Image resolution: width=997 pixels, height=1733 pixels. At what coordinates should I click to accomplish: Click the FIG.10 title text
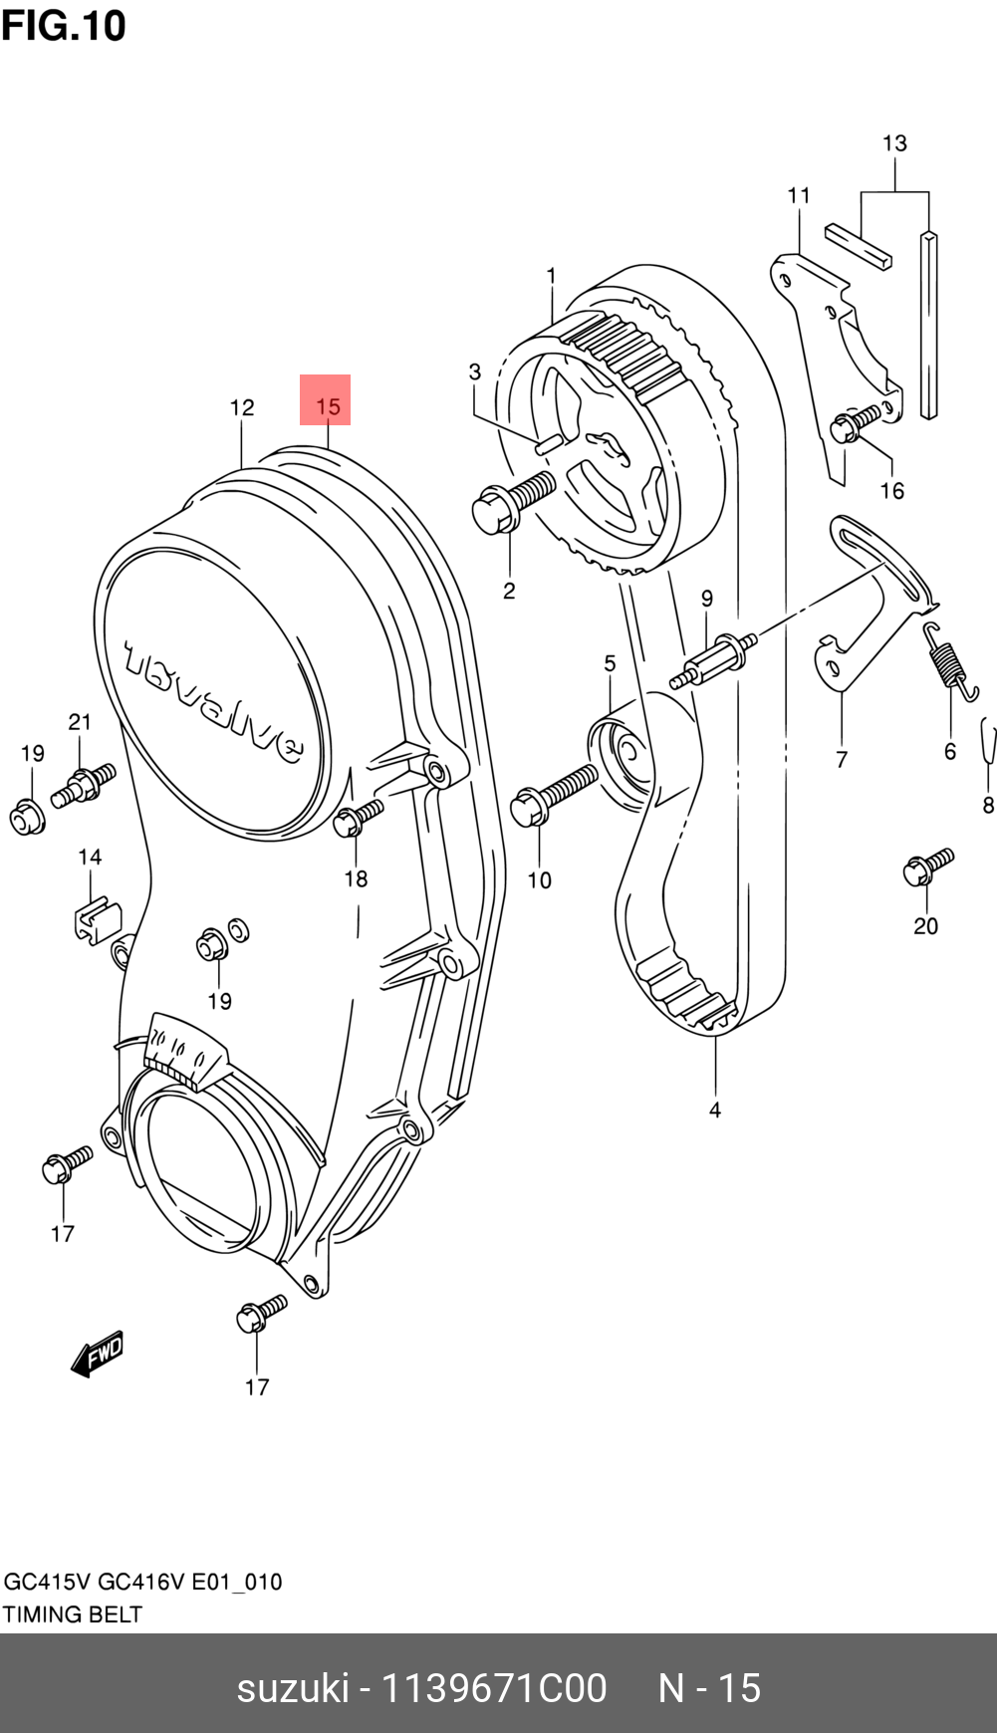[x=64, y=25]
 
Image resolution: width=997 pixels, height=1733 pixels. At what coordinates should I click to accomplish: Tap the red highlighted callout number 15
[x=327, y=405]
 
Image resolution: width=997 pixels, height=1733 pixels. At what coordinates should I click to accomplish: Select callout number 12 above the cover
[x=242, y=407]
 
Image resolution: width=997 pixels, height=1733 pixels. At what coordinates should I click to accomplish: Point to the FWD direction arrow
[x=98, y=1354]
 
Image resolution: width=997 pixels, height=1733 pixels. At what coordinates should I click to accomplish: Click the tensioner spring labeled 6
[x=949, y=661]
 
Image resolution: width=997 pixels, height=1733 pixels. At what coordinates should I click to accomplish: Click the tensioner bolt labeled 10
[x=552, y=793]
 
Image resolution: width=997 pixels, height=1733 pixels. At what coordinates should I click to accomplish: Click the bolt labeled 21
[x=85, y=782]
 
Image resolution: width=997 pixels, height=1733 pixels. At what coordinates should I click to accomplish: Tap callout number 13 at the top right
[x=894, y=143]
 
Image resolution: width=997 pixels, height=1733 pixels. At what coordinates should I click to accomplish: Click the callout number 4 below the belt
[x=715, y=1110]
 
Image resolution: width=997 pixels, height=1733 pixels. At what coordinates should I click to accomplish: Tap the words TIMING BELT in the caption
[x=72, y=1614]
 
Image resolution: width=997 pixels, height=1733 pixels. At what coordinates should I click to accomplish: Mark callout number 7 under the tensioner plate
[x=842, y=759]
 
